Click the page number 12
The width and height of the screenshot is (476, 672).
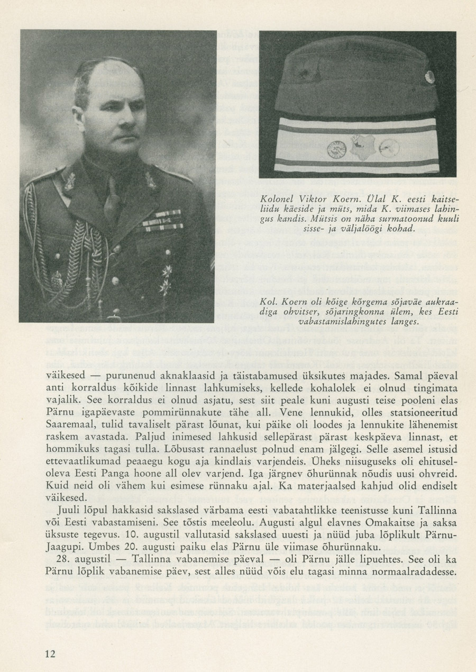(x=50, y=653)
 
